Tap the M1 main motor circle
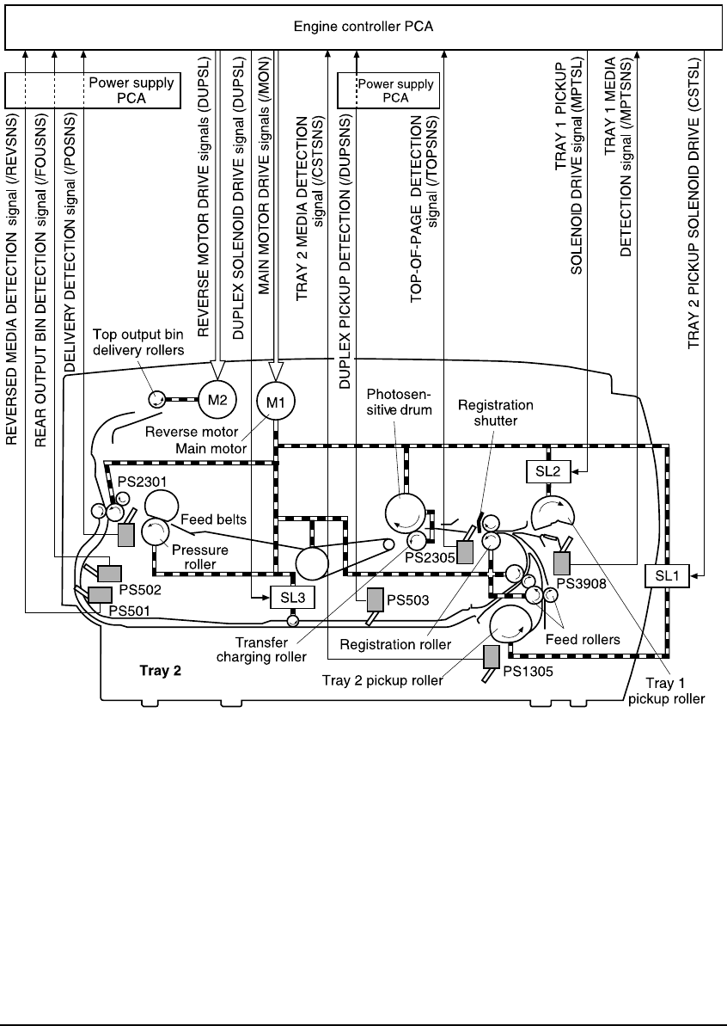tap(274, 398)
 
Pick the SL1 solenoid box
tap(666, 575)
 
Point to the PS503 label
tap(406, 597)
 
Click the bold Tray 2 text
tap(160, 671)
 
